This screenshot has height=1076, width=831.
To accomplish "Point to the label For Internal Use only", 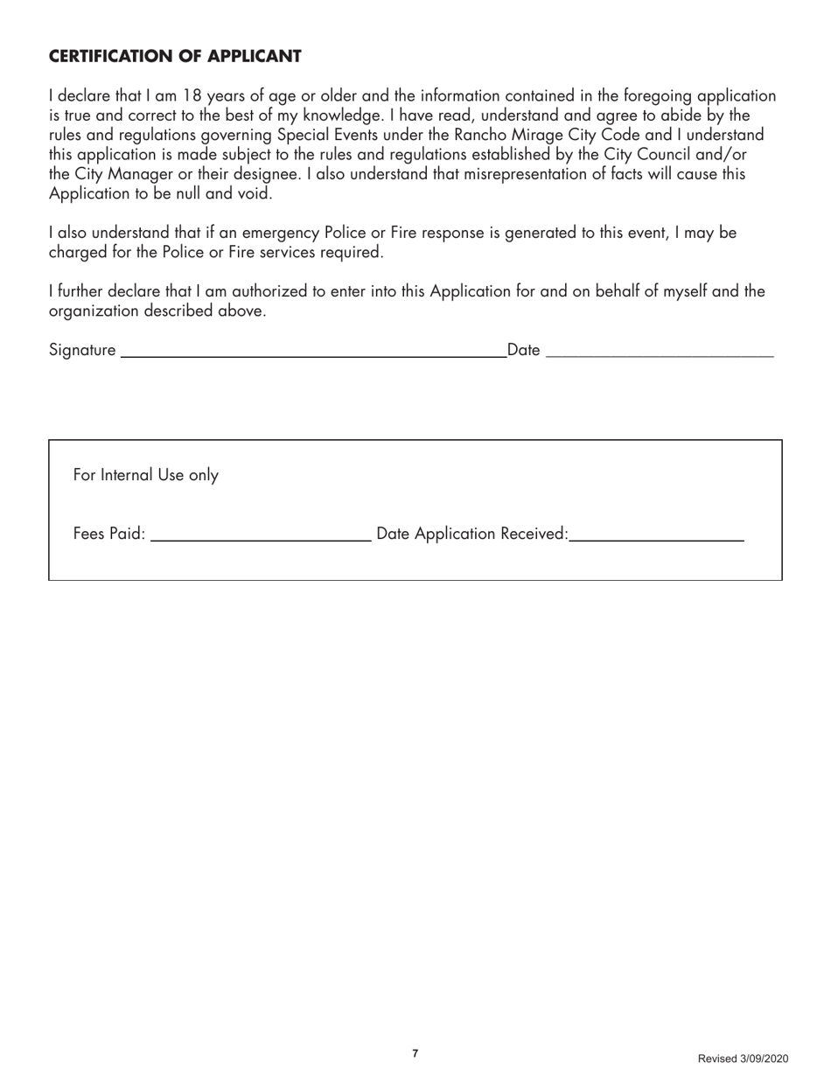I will tap(146, 475).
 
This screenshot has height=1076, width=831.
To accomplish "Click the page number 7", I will tap(415, 1053).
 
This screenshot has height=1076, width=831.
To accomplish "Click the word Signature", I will tap(82, 351).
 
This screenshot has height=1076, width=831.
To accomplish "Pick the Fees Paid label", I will tap(109, 534).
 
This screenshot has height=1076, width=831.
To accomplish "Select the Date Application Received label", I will tap(471, 534).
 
